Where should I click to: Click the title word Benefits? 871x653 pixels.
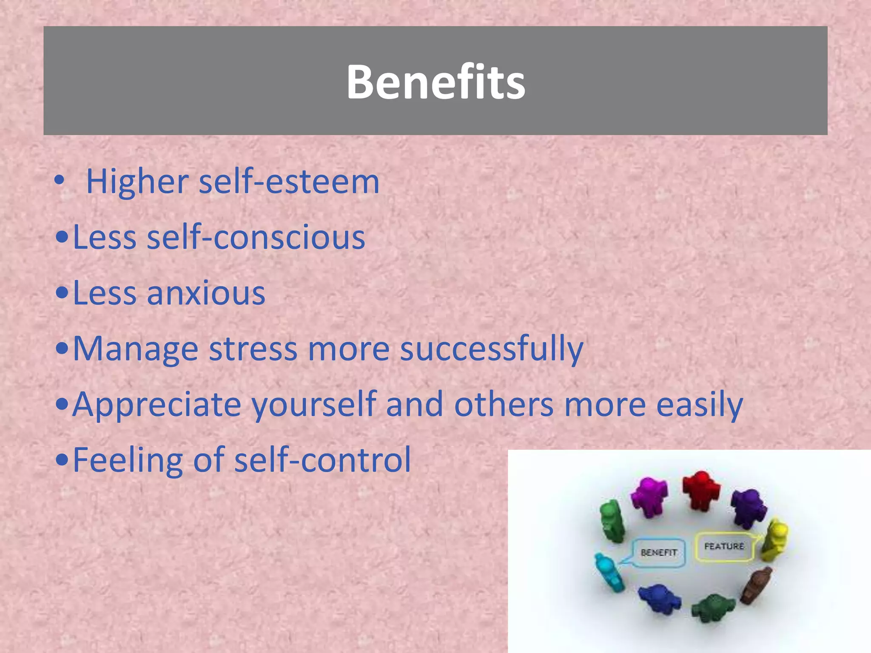coord(435,82)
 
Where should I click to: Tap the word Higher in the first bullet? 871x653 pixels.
coord(137,182)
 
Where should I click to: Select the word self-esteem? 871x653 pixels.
coord(289,182)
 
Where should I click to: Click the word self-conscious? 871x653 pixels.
coord(256,237)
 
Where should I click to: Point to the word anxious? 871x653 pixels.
coord(206,293)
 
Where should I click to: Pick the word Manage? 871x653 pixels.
coord(136,349)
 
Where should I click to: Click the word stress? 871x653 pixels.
coord(253,349)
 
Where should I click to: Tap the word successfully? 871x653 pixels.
coord(492,349)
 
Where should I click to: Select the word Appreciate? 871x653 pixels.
coord(157,404)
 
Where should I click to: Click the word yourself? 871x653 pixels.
coord(314,404)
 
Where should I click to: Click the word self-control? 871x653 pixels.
coord(323,460)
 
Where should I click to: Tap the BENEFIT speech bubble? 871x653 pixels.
coord(659,553)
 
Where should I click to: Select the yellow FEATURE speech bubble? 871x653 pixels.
coord(724,546)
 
